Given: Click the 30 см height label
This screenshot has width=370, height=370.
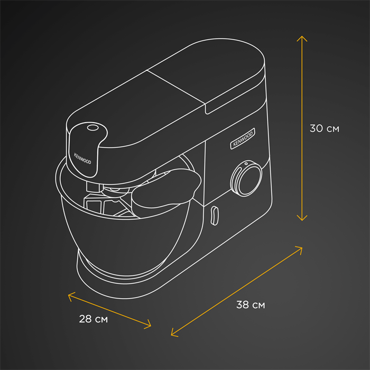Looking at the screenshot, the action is point(324,128).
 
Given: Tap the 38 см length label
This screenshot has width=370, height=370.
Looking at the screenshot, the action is point(251,304).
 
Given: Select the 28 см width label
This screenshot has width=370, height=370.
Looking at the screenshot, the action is point(93,319).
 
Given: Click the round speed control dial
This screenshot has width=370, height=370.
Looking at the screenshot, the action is point(246,179).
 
